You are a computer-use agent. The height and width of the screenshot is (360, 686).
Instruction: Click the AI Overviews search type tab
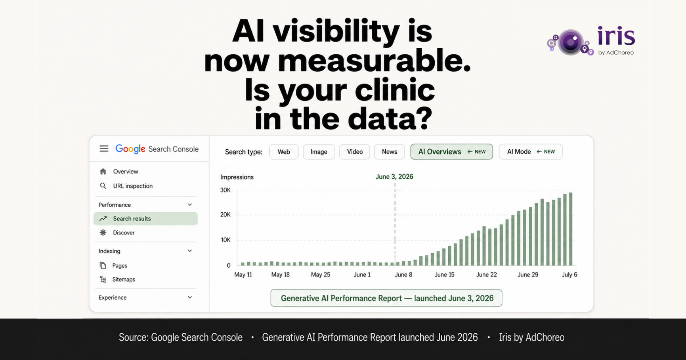click(451, 152)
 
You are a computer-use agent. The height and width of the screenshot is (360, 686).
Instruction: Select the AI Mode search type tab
click(530, 152)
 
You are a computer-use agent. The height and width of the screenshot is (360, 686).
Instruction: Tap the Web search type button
click(284, 152)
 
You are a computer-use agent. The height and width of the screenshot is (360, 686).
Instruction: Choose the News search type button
click(389, 152)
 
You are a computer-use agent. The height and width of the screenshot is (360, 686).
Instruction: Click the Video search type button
click(355, 152)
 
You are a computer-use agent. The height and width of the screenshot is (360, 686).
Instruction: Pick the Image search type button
click(319, 152)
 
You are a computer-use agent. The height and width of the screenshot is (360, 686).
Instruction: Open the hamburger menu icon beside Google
click(104, 149)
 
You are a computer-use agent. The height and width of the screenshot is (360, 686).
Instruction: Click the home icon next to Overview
click(103, 171)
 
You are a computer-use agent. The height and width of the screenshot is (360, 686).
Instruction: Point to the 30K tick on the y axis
click(225, 190)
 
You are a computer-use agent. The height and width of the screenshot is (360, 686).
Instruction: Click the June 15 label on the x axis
click(444, 274)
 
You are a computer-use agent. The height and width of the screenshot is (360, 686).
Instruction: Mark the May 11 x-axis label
click(243, 274)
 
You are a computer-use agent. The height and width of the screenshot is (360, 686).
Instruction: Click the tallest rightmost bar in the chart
click(571, 229)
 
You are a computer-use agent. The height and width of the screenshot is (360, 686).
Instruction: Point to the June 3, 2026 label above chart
click(394, 177)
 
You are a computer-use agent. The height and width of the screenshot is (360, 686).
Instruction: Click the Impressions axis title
click(237, 177)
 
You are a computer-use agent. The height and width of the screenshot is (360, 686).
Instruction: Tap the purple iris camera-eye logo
click(571, 42)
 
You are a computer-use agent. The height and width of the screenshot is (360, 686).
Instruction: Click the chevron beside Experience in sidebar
click(190, 297)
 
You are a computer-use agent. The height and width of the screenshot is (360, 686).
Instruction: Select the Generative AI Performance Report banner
click(386, 298)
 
